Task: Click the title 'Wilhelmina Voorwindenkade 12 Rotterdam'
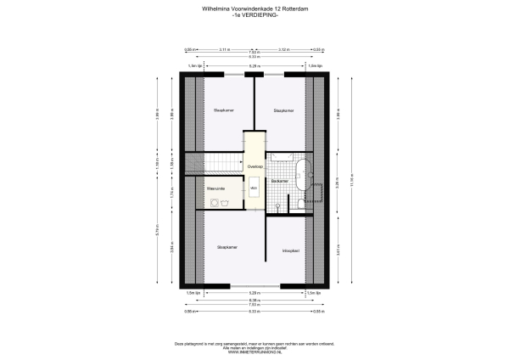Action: tap(255, 9)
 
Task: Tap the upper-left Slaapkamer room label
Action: tap(224, 110)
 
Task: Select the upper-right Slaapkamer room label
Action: tap(283, 110)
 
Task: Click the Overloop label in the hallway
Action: tap(255, 167)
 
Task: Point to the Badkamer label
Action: tap(281, 182)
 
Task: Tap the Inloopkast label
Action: tap(282, 250)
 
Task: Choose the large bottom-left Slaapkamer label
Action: tap(227, 247)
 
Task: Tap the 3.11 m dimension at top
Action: tap(224, 50)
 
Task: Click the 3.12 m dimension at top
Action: tap(283, 50)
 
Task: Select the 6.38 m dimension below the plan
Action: tap(255, 301)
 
